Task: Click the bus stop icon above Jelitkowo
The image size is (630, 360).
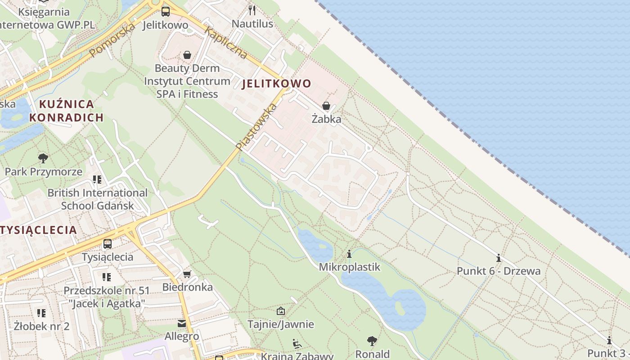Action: [x=166, y=12]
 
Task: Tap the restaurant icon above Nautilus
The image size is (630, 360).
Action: [x=252, y=10]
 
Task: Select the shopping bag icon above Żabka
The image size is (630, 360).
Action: [x=326, y=106]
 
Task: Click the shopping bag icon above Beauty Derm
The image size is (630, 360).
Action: [x=187, y=55]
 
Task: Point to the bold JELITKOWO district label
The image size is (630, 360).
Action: [x=277, y=84]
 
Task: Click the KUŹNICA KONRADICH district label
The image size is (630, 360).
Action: [x=66, y=111]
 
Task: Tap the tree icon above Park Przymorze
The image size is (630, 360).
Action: [x=43, y=158]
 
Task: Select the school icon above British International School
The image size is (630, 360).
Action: [x=97, y=180]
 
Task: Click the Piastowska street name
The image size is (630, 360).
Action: [x=256, y=127]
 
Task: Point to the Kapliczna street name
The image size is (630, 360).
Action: [x=226, y=43]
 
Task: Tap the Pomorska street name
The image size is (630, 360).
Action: [x=112, y=40]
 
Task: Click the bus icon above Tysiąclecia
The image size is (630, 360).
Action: [x=108, y=244]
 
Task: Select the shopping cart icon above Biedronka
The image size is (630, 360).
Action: [x=187, y=274]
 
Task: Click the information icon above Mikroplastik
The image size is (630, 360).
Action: [x=349, y=254]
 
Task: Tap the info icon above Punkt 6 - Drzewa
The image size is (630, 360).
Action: [x=498, y=258]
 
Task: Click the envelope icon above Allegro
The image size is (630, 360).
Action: [x=182, y=323]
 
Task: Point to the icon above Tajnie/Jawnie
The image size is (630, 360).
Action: [x=281, y=311]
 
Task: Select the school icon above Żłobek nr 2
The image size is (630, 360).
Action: [x=41, y=313]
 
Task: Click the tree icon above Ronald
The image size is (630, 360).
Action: [x=372, y=341]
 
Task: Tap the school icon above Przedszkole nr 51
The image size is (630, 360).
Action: [x=106, y=277]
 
